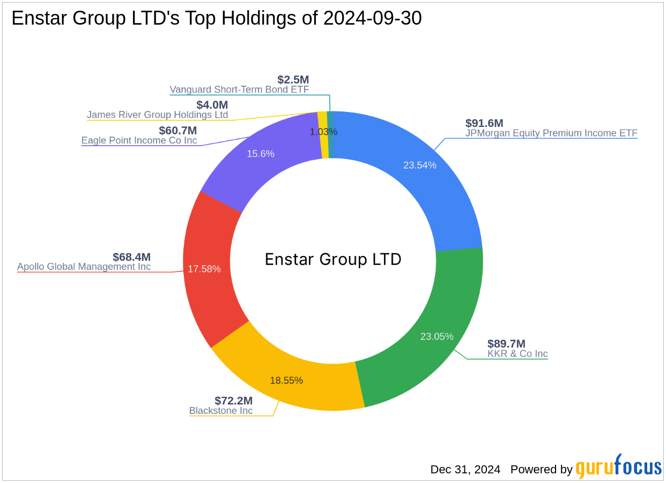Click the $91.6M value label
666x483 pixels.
(x=484, y=123)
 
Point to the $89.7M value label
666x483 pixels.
(x=506, y=344)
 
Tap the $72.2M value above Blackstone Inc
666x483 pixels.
(x=233, y=401)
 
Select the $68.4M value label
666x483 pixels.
(x=131, y=257)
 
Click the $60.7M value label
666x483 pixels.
(x=177, y=131)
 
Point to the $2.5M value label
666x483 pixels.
(x=293, y=80)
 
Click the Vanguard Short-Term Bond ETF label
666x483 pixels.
(x=239, y=89)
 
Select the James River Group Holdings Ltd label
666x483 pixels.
(x=157, y=115)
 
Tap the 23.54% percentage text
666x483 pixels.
(x=420, y=165)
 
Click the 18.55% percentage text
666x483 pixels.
(x=286, y=380)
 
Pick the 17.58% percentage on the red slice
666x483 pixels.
(x=204, y=269)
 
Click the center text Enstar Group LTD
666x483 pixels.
(x=333, y=260)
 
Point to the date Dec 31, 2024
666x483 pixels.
(x=465, y=470)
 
